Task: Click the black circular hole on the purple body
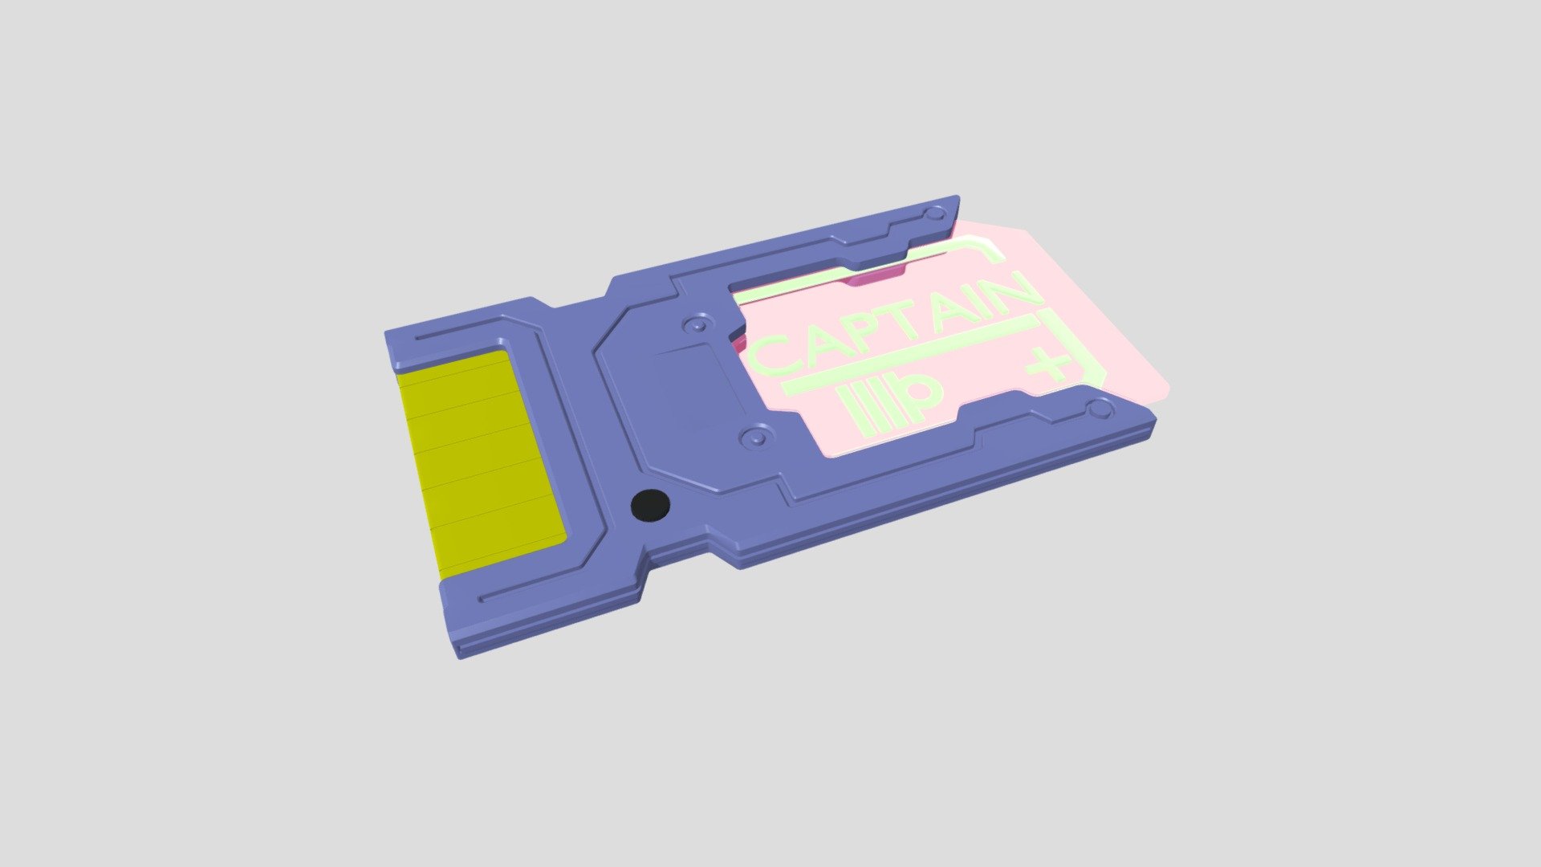point(650,505)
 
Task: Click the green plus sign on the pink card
point(1048,365)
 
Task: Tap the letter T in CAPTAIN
point(913,319)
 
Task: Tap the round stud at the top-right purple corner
point(935,214)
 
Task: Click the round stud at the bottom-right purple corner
point(1101,410)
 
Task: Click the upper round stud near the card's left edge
point(696,325)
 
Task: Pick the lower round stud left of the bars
point(754,438)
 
